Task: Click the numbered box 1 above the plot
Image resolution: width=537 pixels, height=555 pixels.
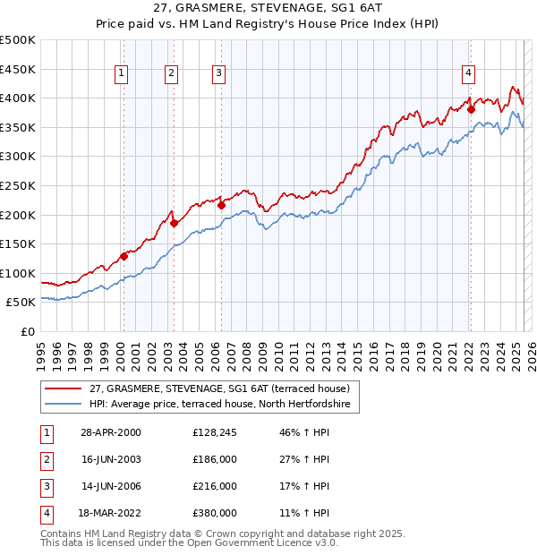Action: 121,74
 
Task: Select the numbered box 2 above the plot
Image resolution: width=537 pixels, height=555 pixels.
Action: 170,74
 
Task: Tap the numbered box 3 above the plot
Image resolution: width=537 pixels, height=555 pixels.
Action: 219,74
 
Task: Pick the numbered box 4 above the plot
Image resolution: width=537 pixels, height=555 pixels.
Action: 468,74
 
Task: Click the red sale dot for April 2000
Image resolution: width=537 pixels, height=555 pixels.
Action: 124,256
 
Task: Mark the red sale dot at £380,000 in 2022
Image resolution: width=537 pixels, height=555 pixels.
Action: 471,109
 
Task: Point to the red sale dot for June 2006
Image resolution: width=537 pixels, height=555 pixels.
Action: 221,205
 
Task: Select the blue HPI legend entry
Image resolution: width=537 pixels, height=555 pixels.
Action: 224,405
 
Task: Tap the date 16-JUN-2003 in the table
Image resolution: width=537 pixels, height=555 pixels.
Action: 111,460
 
